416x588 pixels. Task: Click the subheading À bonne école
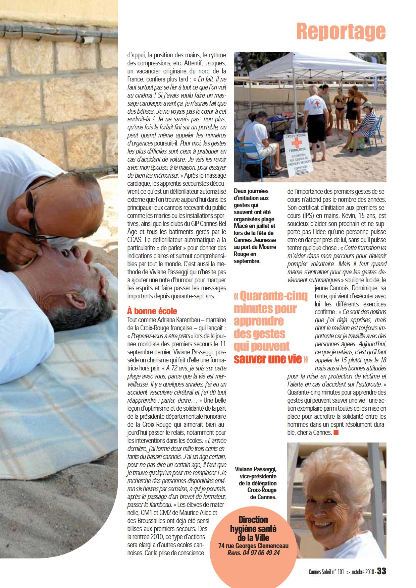152,311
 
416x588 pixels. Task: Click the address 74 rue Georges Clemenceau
253,545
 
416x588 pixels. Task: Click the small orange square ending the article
336,432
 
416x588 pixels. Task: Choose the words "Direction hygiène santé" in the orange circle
253,524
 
